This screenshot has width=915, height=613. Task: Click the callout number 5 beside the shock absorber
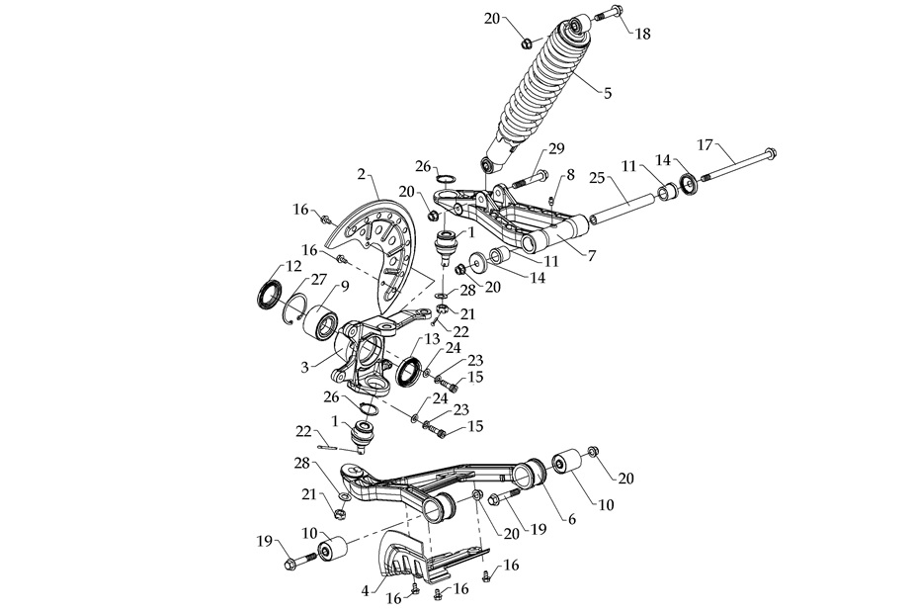click(x=608, y=94)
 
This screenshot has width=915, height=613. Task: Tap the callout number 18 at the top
click(x=642, y=33)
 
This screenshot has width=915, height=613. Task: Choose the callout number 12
click(x=293, y=266)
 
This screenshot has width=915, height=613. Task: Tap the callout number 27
click(x=320, y=280)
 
